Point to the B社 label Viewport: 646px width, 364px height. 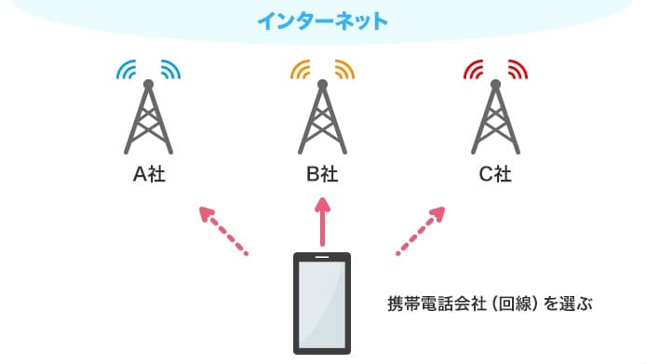coord(323,175)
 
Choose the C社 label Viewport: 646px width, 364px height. coord(496,175)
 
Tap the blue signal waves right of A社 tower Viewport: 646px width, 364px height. coord(169,71)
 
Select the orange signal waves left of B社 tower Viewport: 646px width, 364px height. coord(302,71)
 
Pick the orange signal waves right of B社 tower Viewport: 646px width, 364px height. coord(343,71)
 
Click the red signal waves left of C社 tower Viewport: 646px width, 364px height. coord(475,71)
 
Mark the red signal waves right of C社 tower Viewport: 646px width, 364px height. coord(518,71)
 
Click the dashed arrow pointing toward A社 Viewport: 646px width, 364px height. coord(224,229)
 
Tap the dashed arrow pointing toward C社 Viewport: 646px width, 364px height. coord(421,229)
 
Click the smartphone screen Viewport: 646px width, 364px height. coord(322,302)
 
